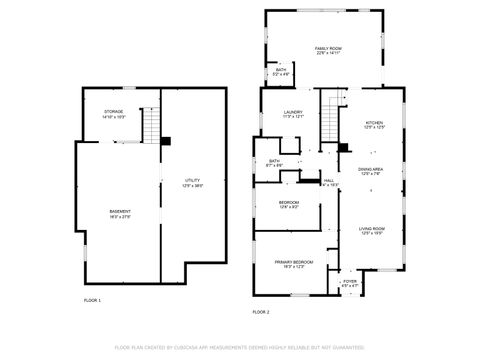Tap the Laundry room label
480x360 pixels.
click(x=293, y=114)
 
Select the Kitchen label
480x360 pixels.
click(x=373, y=125)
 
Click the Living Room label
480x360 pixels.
click(x=373, y=231)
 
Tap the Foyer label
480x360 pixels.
click(x=350, y=284)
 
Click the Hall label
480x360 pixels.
click(x=329, y=183)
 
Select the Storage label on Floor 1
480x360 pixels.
click(x=113, y=113)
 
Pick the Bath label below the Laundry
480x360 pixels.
click(x=274, y=163)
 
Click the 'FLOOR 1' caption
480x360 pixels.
click(x=92, y=300)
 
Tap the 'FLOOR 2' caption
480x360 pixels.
click(x=261, y=312)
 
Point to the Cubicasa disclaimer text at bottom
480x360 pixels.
click(x=240, y=348)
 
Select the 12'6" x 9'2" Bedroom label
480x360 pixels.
click(x=289, y=206)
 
